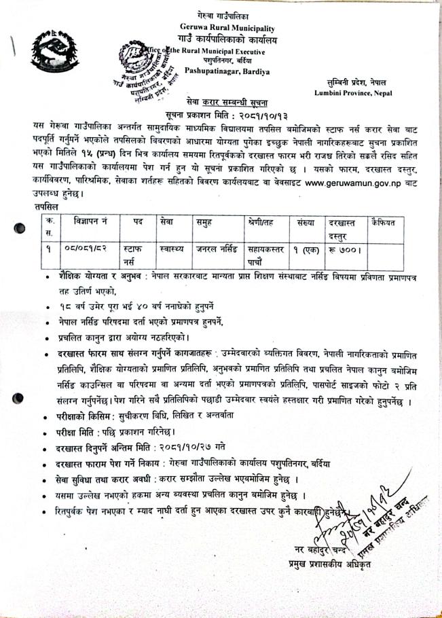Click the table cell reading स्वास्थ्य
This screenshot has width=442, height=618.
coord(167,249)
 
